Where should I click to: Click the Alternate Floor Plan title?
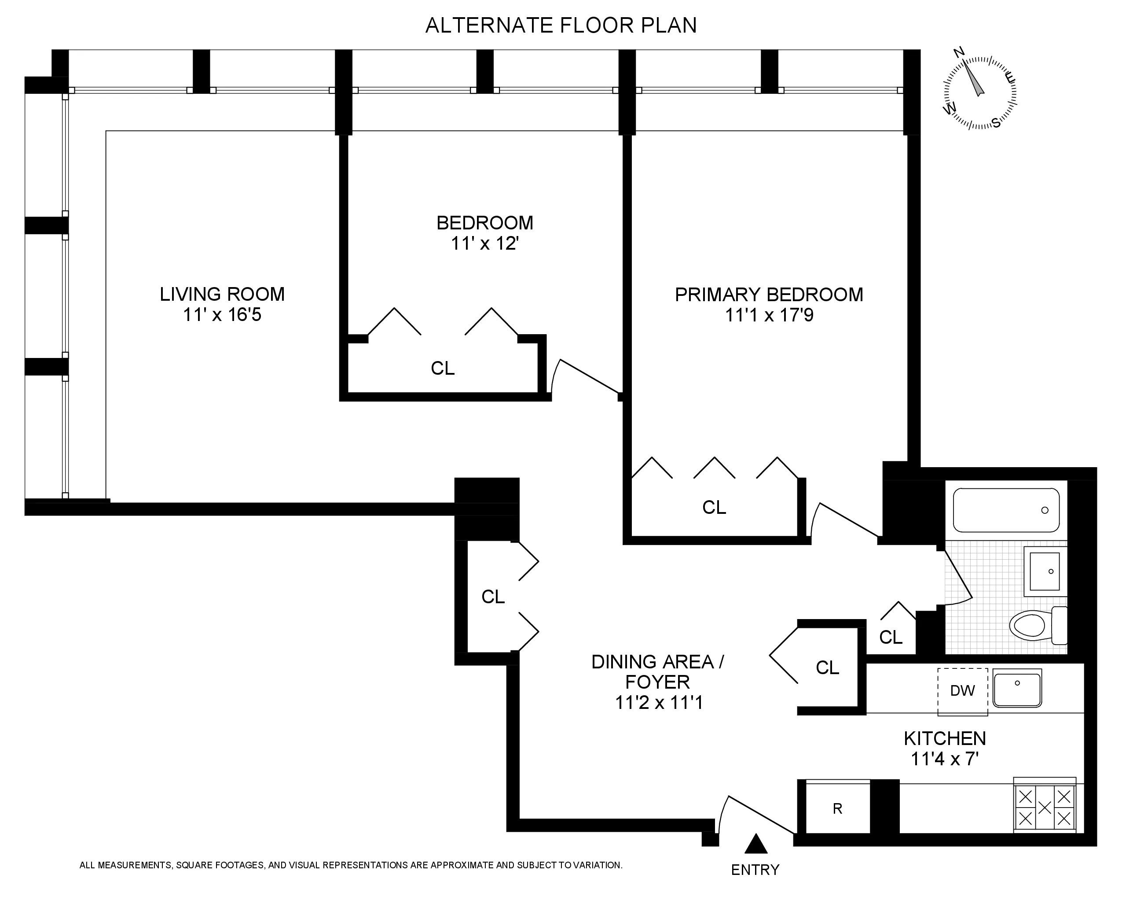(x=561, y=26)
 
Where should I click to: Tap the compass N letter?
(x=959, y=52)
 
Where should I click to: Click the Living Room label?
(x=222, y=294)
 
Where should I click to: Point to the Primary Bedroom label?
(x=769, y=295)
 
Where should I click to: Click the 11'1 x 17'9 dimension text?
(x=769, y=315)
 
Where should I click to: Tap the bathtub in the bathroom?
(x=1005, y=510)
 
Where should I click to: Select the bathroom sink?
(x=1045, y=572)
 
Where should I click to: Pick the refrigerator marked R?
(x=837, y=809)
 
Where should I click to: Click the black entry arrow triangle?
(x=755, y=844)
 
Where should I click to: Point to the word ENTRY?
(x=755, y=870)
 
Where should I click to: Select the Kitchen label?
(x=945, y=738)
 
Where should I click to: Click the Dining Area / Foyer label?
(x=657, y=672)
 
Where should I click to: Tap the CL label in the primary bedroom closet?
(x=714, y=507)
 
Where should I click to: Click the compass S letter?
(x=996, y=123)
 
